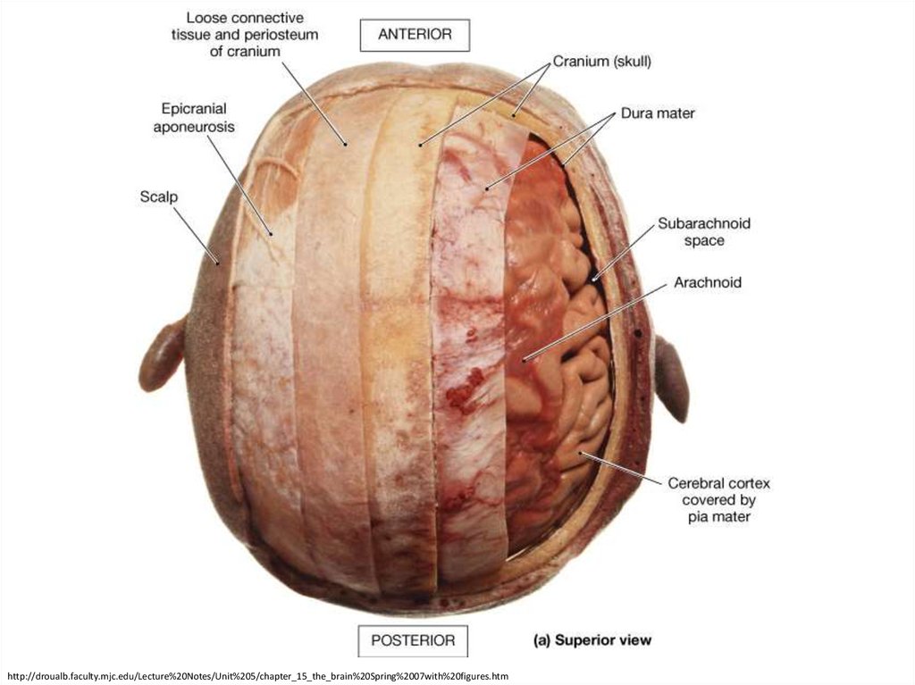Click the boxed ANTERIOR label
coord(415,36)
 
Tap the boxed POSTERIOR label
coord(414,640)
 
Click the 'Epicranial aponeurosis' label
coord(193,118)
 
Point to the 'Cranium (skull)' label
coord(601,62)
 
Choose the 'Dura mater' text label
coord(659,113)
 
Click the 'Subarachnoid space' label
coord(703,231)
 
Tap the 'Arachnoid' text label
coord(707,283)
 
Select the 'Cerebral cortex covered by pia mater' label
coord(718,499)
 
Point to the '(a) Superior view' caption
coord(592,640)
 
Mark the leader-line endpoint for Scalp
coord(219,262)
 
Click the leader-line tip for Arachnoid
coord(524,360)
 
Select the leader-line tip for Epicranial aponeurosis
coord(272,235)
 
